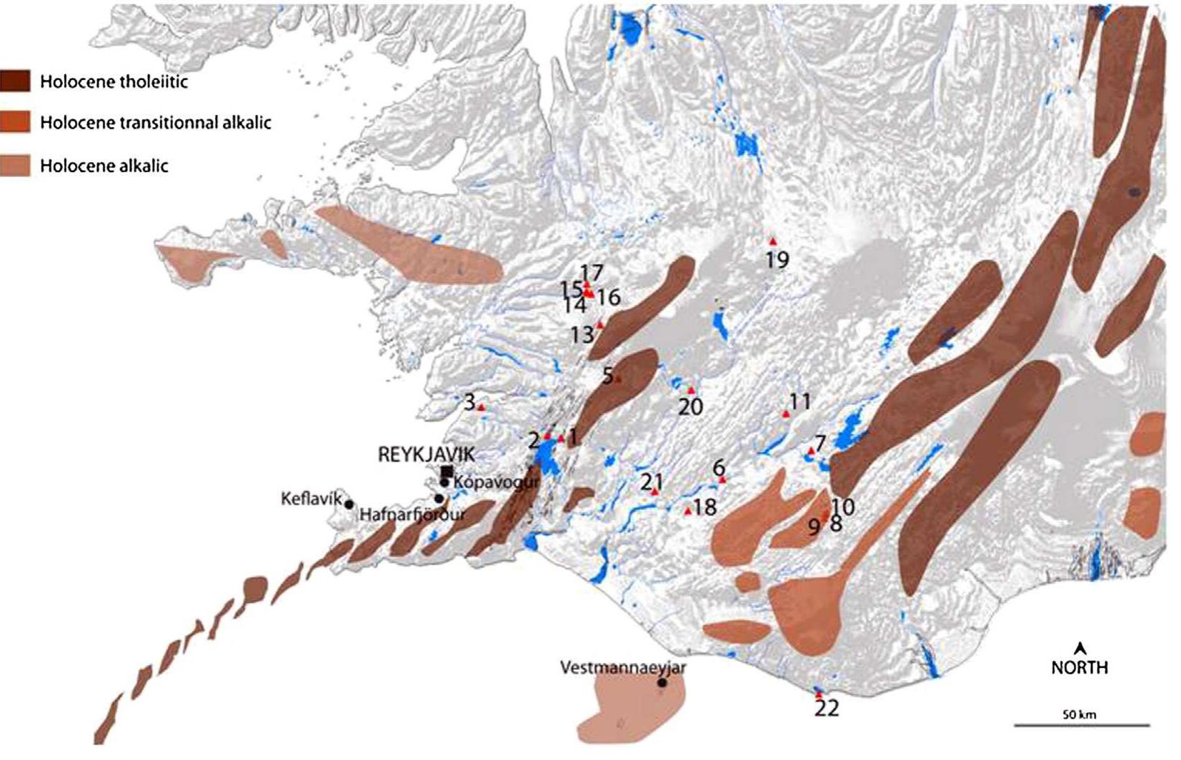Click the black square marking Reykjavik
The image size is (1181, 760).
[x=447, y=471]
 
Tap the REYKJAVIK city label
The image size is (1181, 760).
[x=426, y=454]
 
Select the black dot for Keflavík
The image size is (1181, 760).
[x=349, y=504]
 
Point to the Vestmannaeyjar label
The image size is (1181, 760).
[x=623, y=668]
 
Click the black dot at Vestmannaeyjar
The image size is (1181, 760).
[x=662, y=683]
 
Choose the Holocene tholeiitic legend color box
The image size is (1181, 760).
[x=15, y=81]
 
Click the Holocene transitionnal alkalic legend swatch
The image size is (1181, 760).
[x=15, y=122]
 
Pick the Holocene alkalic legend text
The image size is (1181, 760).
[x=104, y=166]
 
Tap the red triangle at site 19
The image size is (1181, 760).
[x=772, y=241]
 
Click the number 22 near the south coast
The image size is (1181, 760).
[x=827, y=709]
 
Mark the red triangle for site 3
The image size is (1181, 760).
[x=481, y=407]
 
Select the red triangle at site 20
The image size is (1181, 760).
[x=691, y=390]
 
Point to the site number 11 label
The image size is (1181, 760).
[x=800, y=401]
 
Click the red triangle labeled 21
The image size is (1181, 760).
[x=654, y=492]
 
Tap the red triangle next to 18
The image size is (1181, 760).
[x=687, y=511]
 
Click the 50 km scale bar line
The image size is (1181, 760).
[x=1082, y=726]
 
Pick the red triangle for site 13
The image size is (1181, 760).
[x=600, y=324]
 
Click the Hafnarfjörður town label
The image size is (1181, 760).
[x=412, y=514]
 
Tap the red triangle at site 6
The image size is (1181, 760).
[x=722, y=480]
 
